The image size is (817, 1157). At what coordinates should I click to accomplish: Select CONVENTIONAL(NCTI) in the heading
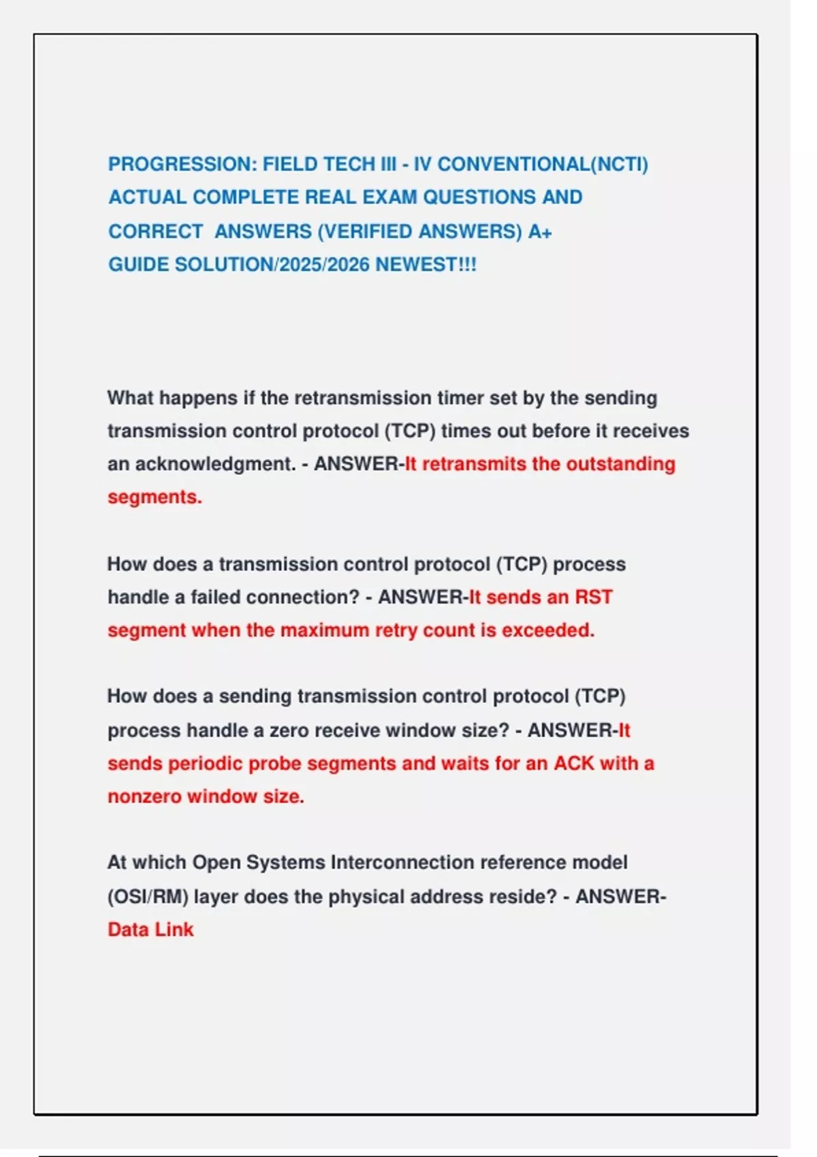543,165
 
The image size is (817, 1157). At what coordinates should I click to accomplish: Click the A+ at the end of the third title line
540,231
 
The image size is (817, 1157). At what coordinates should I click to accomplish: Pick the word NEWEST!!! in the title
426,265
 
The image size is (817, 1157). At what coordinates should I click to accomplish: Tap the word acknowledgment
215,464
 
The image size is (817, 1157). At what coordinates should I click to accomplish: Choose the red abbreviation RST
594,598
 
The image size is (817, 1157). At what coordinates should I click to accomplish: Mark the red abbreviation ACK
574,764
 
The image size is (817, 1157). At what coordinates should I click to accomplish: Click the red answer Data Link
150,930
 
